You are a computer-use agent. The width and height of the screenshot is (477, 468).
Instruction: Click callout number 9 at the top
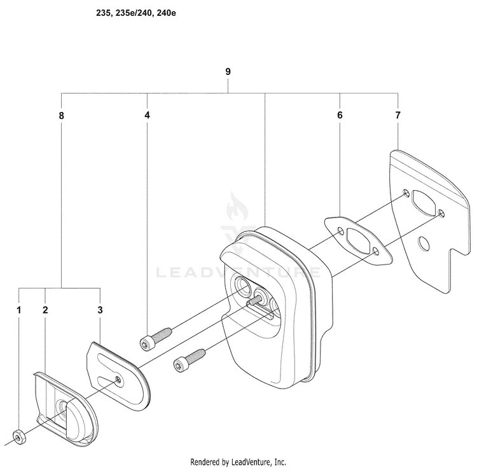pos(228,72)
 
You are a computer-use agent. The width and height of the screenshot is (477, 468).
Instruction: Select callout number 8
pos(62,116)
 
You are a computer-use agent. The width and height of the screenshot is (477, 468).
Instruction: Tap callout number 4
pos(148,115)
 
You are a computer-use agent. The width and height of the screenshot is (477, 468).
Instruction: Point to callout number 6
pos(340,115)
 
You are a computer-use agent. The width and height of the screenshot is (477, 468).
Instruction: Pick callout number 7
pos(398,115)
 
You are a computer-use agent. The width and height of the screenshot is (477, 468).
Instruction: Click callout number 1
pos(19,310)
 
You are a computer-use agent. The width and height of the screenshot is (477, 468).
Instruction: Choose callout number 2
pos(45,310)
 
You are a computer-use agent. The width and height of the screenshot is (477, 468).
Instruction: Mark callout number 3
pos(100,310)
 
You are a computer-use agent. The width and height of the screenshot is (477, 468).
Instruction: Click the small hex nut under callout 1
pos(19,437)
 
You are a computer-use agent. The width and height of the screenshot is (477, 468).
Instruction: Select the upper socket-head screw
pos(156,339)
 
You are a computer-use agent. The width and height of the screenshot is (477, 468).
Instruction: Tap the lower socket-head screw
pos(190,361)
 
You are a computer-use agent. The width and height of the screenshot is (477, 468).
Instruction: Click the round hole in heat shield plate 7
pos(424,244)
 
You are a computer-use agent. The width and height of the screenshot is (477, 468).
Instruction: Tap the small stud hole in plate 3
pos(118,378)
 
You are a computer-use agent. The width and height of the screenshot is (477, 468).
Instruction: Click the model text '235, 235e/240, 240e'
pos(136,13)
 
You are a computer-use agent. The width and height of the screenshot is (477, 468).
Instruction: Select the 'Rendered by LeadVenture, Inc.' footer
pos(238,462)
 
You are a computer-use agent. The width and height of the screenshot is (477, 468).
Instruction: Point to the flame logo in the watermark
pos(237,207)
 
